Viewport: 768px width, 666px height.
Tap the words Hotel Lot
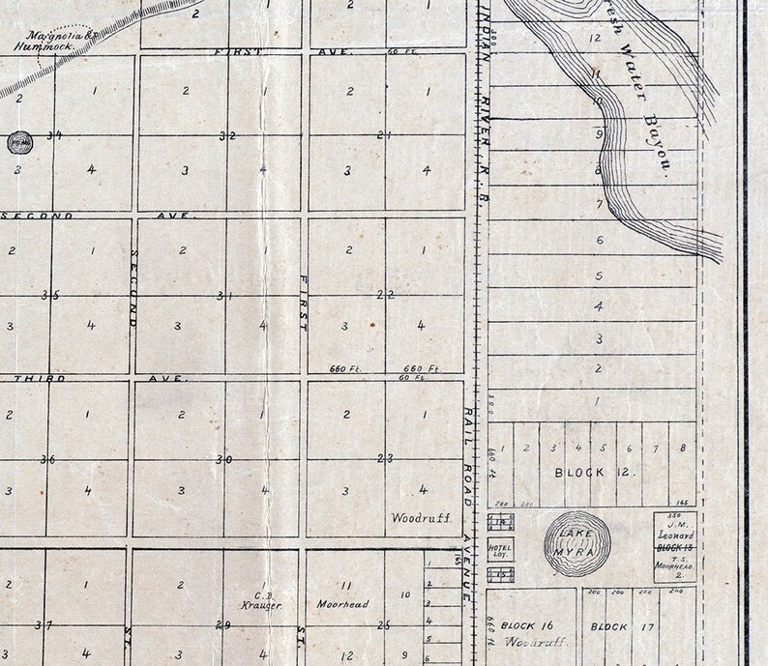coord(501,549)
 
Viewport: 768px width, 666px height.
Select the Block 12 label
coord(592,473)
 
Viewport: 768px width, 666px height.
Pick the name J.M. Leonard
coord(674,530)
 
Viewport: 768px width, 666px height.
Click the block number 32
coord(227,135)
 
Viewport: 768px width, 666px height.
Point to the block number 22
coord(384,295)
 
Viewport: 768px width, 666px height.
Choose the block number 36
coord(46,458)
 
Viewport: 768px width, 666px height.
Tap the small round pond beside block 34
coord(18,143)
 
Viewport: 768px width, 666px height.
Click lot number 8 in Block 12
coord(683,448)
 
